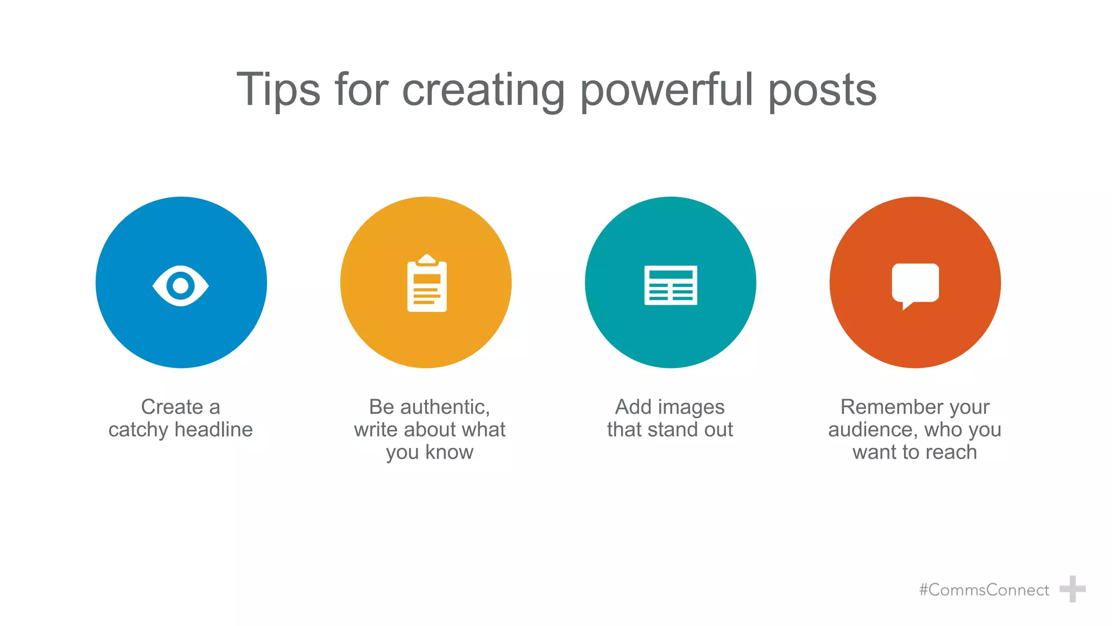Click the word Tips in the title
[x=278, y=90]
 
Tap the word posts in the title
[x=822, y=90]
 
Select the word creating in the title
[x=483, y=90]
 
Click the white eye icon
[x=181, y=285]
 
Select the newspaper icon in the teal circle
[x=671, y=285]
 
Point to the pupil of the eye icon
[x=181, y=285]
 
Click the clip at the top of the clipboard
[x=427, y=259]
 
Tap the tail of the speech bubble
[x=906, y=306]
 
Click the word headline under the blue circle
[x=214, y=430]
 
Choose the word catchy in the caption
[x=138, y=430]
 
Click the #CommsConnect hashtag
[x=984, y=590]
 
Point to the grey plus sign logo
[x=1072, y=589]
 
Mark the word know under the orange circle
[x=449, y=452]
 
